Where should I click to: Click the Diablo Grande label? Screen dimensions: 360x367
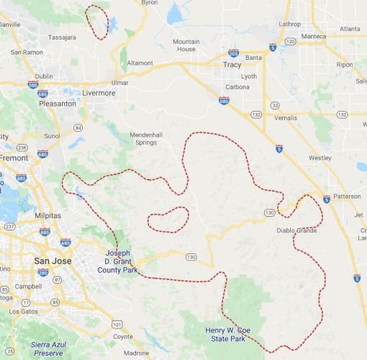pos(297,230)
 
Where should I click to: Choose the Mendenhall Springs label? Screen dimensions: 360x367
pos(149,138)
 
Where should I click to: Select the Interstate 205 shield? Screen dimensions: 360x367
pos(233,53)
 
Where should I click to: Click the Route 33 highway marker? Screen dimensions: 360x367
pos(275,105)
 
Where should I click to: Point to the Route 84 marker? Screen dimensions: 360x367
pos(77,127)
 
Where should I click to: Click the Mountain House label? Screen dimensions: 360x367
pos(186,45)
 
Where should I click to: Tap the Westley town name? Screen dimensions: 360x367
pos(320,156)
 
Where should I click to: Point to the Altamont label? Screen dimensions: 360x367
pos(140,63)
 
